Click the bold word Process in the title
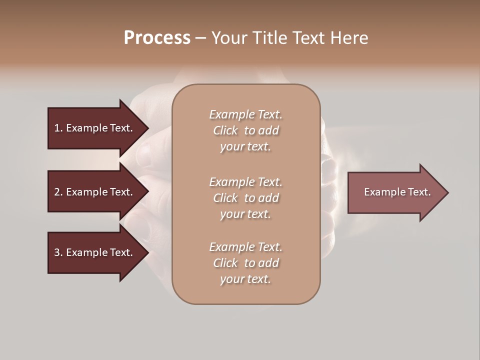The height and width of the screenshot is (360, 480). pos(157,38)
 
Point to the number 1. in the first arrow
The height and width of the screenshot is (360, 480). pos(58,128)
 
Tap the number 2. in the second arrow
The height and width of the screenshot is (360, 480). pos(58,192)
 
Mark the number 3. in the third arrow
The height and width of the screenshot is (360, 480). pos(58,252)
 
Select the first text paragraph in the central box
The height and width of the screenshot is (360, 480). pos(245,130)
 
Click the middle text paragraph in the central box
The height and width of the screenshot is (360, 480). pos(245,198)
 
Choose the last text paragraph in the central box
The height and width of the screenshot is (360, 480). pos(245,263)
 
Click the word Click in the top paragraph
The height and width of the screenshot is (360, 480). pos(225,130)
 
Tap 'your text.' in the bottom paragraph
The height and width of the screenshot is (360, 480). pos(245,279)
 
